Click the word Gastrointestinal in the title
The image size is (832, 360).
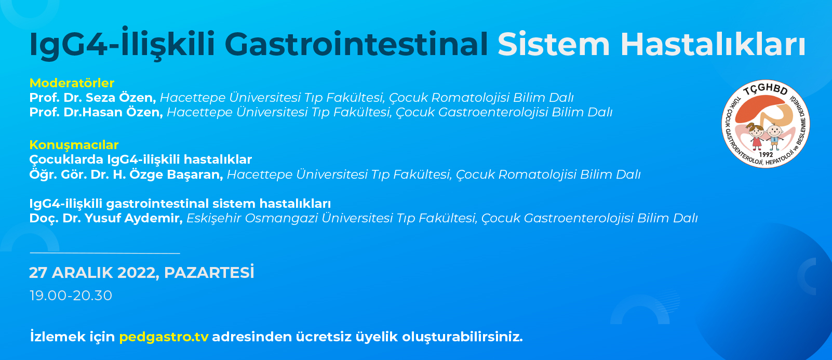pos(356,45)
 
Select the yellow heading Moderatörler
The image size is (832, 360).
pos(72,83)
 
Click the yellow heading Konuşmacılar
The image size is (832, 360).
pos(74,144)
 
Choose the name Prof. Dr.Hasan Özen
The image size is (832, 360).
pos(96,112)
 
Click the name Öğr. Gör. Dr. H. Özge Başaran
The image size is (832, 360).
pos(126,174)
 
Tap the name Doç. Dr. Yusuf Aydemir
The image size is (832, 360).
pos(106,218)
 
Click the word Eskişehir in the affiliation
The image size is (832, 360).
pos(213,218)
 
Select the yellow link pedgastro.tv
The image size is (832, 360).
pos(164,337)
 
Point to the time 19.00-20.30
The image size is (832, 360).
pos(71,296)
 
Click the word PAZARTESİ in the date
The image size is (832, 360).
pos(209,273)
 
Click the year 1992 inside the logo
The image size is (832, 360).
pos(766,155)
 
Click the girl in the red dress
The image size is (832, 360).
pos(756,136)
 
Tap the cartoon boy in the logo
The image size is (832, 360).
pos(775,136)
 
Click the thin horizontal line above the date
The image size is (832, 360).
pos(105,253)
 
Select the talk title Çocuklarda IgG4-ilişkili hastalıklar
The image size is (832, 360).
pos(140,159)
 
